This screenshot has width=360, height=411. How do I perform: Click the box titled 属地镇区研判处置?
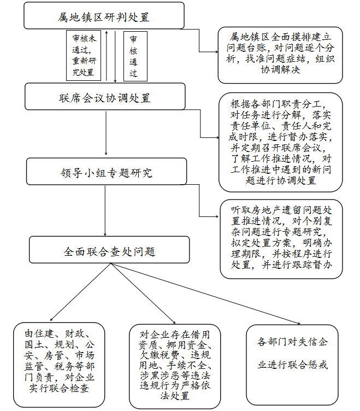(104, 15)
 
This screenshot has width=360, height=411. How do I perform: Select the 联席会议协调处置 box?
(105, 96)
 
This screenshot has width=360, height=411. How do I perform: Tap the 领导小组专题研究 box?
(107, 172)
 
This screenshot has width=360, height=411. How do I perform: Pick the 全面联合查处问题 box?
(109, 250)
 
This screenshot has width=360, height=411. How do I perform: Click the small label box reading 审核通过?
(135, 56)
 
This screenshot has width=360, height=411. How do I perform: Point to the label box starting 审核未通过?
(84, 55)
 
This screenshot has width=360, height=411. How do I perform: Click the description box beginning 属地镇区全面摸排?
(280, 55)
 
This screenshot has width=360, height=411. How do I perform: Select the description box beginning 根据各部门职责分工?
(281, 142)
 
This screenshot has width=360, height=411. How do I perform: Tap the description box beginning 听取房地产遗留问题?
(281, 239)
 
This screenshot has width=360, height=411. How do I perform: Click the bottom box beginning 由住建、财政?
(59, 365)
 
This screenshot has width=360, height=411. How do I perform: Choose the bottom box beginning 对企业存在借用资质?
(175, 366)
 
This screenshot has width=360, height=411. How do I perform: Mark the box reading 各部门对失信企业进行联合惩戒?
(292, 365)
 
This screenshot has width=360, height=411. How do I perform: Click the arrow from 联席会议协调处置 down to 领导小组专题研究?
(106, 133)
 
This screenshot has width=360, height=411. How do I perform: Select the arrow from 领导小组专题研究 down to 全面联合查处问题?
(105, 211)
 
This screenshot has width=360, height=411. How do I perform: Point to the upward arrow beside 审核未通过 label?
(107, 56)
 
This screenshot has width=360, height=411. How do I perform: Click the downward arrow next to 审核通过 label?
(115, 57)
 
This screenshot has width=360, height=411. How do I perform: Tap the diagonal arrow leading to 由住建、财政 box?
(80, 292)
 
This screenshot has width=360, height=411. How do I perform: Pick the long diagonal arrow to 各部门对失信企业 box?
(205, 293)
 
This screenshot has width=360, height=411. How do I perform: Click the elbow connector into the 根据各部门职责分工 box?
(200, 123)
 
